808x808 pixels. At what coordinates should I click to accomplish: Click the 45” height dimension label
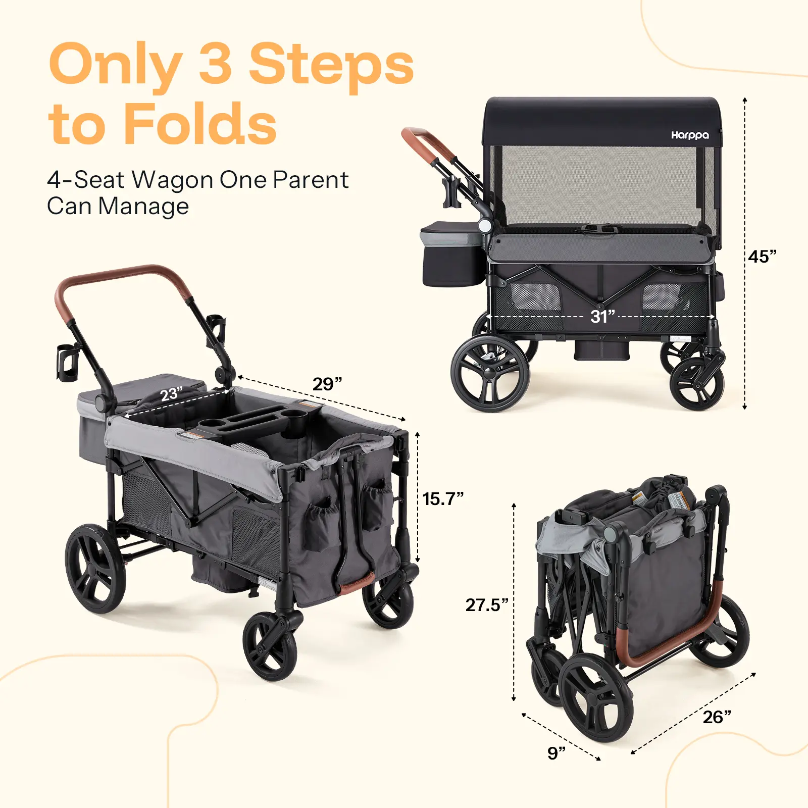[x=762, y=257]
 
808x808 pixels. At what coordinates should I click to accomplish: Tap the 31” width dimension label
[x=602, y=317]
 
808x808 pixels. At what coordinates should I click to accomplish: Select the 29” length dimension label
[x=327, y=384]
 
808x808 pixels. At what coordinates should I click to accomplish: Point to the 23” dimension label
[x=172, y=393]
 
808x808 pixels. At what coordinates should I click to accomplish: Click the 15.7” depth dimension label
[x=443, y=499]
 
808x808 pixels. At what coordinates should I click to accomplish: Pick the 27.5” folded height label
[x=487, y=605]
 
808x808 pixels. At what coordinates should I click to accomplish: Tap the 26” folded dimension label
[x=717, y=717]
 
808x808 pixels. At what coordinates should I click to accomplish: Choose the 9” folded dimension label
[x=557, y=753]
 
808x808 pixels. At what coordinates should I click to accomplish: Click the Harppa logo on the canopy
[x=690, y=135]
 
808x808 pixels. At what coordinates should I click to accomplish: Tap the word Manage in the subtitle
[x=143, y=206]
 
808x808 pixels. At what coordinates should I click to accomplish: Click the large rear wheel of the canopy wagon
[x=490, y=374]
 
